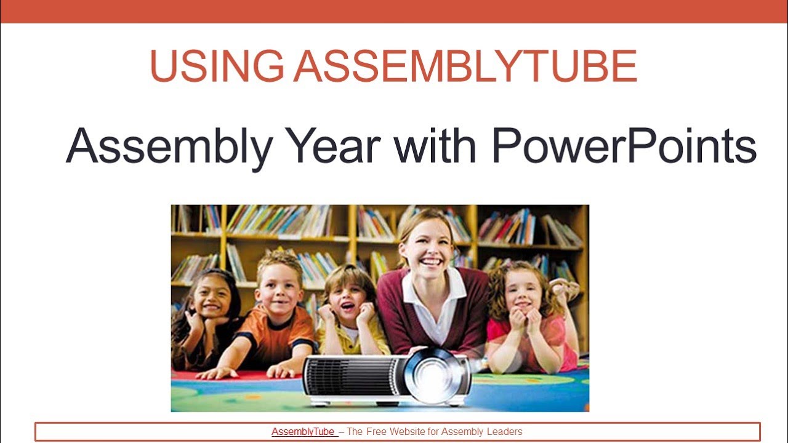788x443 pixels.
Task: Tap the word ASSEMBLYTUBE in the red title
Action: tap(465, 66)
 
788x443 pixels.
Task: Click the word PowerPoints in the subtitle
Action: tap(624, 146)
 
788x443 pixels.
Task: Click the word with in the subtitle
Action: tap(435, 146)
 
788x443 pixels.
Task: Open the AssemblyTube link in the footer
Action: tap(304, 431)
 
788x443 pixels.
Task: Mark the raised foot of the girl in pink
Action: tap(565, 287)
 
